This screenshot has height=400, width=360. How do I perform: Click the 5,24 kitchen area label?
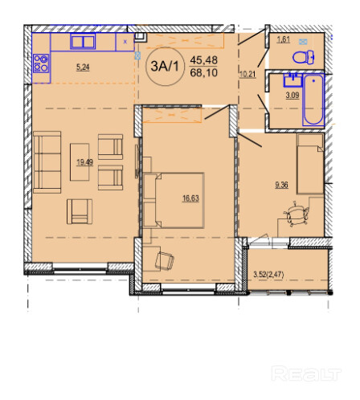tap(83, 67)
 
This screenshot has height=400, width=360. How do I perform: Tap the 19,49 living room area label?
tap(84, 162)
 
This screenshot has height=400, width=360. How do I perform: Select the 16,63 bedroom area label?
tap(190, 198)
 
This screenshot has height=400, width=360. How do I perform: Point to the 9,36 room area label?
tap(281, 185)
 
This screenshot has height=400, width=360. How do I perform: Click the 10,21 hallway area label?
tap(247, 74)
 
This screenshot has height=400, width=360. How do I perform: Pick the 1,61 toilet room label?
tap(283, 39)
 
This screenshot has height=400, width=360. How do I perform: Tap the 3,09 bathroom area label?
tap(292, 95)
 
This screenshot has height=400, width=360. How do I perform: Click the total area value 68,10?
tap(203, 72)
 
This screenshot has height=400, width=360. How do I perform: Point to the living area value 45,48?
tap(203, 60)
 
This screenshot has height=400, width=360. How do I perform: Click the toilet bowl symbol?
tap(304, 57)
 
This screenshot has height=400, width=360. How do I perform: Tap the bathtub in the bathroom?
tap(313, 100)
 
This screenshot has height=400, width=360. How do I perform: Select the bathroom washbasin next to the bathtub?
tap(292, 80)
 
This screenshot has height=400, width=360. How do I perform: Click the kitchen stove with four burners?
tap(41, 63)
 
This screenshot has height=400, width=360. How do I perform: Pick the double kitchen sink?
tap(83, 42)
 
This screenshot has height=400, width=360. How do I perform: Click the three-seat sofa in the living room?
tap(47, 162)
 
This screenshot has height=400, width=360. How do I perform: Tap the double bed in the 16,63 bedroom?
tap(174, 200)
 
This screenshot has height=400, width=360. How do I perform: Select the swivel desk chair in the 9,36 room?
tap(297, 214)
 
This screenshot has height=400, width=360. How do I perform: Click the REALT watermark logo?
tap(306, 373)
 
